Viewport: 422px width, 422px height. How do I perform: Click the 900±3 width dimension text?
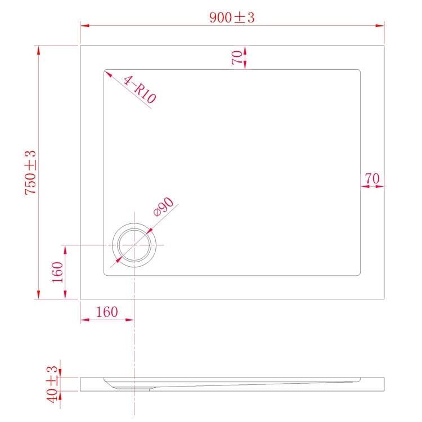tap(232, 17)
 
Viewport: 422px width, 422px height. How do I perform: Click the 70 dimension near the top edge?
tap(237, 57)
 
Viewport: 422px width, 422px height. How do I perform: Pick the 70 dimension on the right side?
tap(371, 178)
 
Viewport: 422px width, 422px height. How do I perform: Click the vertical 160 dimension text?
tap(57, 273)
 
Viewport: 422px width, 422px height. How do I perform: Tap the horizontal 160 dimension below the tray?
tap(106, 312)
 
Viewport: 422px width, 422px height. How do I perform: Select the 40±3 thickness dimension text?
tap(52, 384)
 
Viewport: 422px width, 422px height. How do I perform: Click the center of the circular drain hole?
tap(134, 246)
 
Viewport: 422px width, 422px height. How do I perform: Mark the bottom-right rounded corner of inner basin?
tap(358, 273)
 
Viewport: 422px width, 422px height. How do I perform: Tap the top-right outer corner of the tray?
tap(384, 46)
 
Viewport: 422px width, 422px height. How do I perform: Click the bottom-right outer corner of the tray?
tap(384, 299)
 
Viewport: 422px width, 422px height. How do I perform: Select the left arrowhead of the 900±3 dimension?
tap(83, 25)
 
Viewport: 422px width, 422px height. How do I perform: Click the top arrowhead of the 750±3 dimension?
tap(38, 49)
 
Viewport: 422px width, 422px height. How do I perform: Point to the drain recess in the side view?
tap(134, 387)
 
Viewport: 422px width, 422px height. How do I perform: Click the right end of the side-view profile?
tap(384, 384)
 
